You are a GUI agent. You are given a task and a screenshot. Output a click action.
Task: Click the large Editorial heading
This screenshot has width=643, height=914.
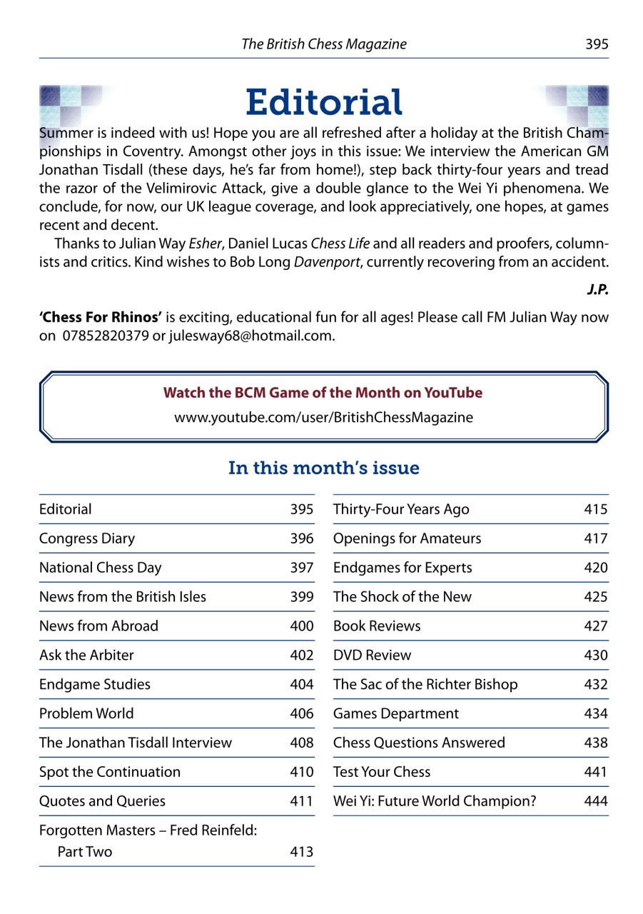(324, 103)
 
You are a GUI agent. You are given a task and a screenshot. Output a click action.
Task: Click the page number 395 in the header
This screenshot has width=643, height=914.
(596, 44)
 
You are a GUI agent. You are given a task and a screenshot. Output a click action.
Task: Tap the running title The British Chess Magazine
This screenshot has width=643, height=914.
(324, 44)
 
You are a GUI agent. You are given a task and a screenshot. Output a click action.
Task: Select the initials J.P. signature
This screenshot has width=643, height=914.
(597, 291)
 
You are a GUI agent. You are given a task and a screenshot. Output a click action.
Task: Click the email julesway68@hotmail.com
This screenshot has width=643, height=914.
(251, 336)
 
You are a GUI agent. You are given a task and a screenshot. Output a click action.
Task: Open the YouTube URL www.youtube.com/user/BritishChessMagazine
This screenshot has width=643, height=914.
(323, 418)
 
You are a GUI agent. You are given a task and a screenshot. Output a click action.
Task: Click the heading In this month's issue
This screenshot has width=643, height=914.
(323, 468)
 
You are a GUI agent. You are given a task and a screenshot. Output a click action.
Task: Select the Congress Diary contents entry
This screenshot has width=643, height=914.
(87, 539)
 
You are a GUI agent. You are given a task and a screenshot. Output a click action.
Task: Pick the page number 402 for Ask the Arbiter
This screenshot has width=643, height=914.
(301, 656)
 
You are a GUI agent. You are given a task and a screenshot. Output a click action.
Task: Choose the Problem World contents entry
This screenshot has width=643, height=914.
(86, 713)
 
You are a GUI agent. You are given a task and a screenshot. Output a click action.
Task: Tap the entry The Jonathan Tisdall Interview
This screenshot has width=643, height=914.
(136, 743)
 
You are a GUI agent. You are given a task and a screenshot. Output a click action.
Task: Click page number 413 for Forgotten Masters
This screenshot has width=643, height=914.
(301, 852)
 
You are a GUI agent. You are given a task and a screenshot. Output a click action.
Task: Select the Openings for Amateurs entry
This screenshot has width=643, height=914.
(407, 539)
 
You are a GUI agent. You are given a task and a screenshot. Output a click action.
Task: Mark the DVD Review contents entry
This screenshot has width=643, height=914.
(372, 656)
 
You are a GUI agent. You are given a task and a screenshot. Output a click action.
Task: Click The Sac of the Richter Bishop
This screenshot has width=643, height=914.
(425, 685)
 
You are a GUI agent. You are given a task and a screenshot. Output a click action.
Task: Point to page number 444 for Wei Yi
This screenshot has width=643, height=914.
(595, 801)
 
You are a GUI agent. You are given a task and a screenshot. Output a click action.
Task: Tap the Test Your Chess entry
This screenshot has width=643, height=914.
(382, 772)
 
